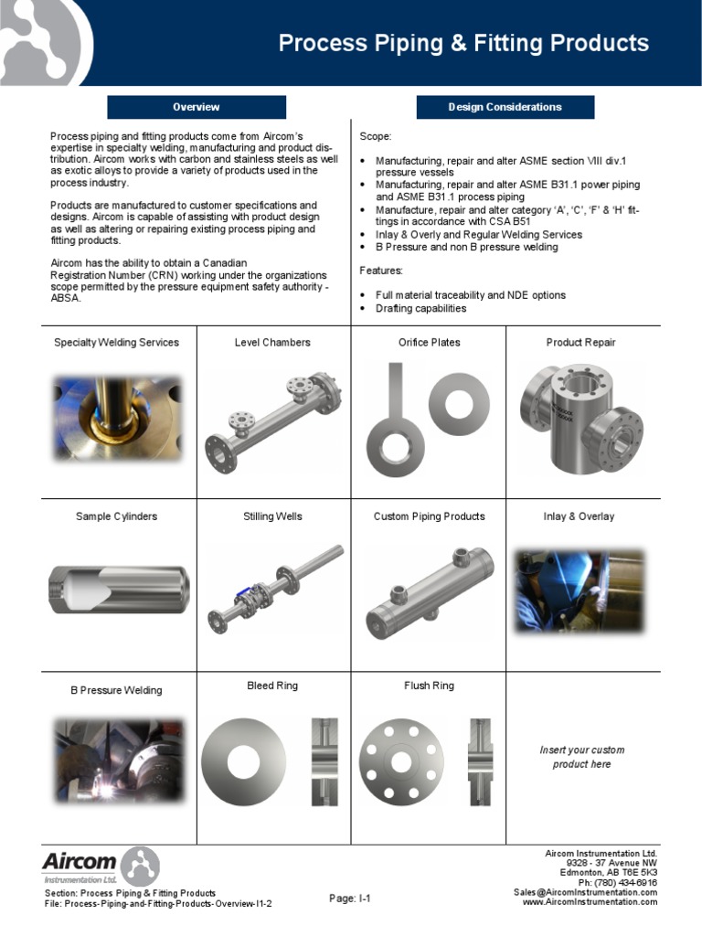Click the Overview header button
pos(197,107)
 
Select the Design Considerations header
pos(505,107)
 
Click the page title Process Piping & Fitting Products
pos(463,43)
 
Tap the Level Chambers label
pos(272,343)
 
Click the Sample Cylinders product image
pos(118,589)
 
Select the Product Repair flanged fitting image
pos(581,416)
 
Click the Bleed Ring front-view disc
pos(243,761)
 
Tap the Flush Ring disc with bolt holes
pos(401,761)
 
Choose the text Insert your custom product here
pos(581,757)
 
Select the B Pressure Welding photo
pos(118,760)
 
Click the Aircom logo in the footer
pos(101,865)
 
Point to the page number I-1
pos(349,899)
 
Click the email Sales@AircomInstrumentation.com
pos(585,892)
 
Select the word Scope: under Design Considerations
pos(375,136)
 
